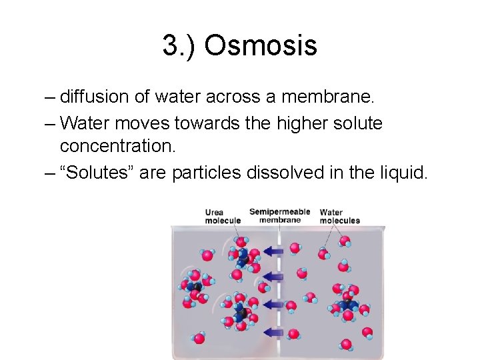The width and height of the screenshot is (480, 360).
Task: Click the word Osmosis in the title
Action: [261, 45]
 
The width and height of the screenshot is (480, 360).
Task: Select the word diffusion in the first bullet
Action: [96, 97]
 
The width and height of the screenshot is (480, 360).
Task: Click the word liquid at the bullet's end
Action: [403, 173]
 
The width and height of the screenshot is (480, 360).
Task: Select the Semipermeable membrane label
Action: [279, 215]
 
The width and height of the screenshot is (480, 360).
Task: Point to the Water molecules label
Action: [339, 217]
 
